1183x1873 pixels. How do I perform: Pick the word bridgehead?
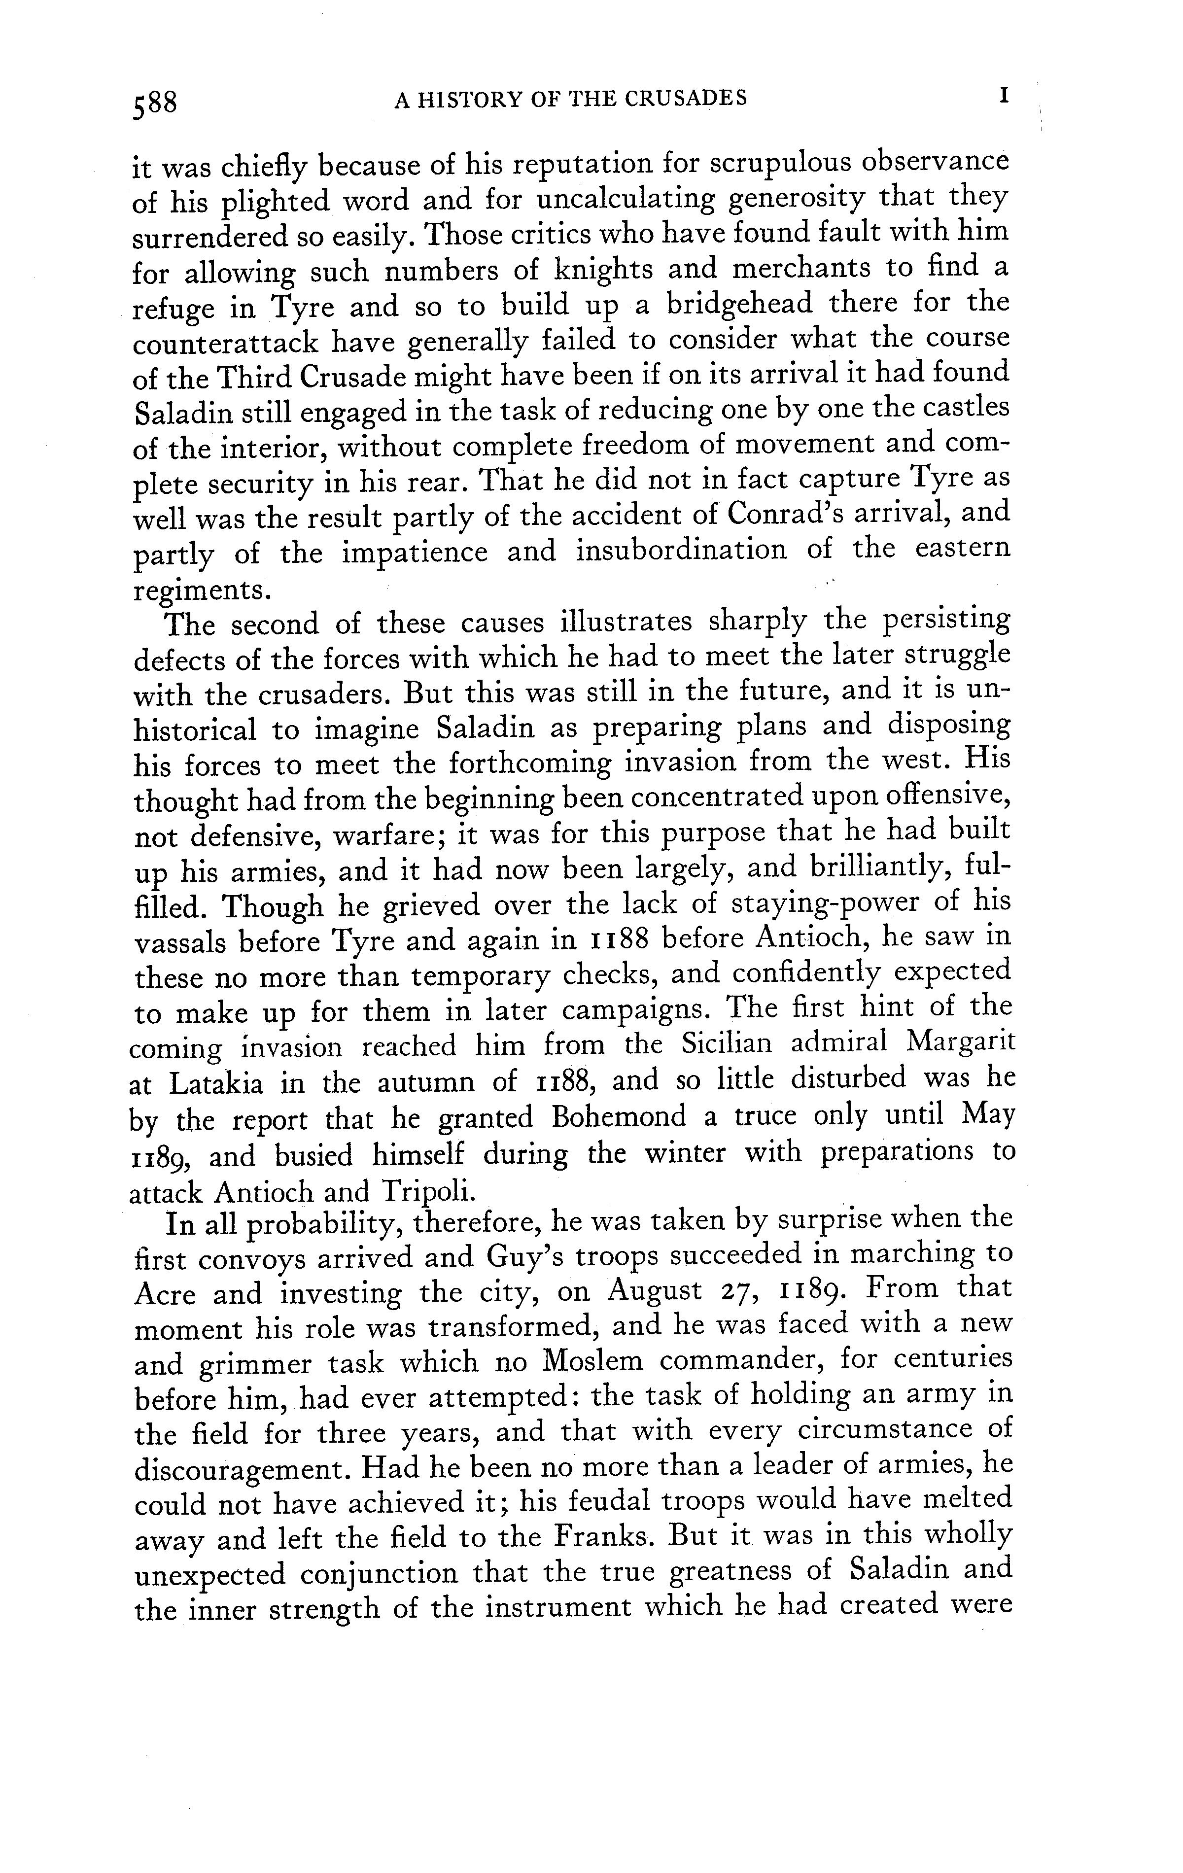[x=757, y=303]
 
